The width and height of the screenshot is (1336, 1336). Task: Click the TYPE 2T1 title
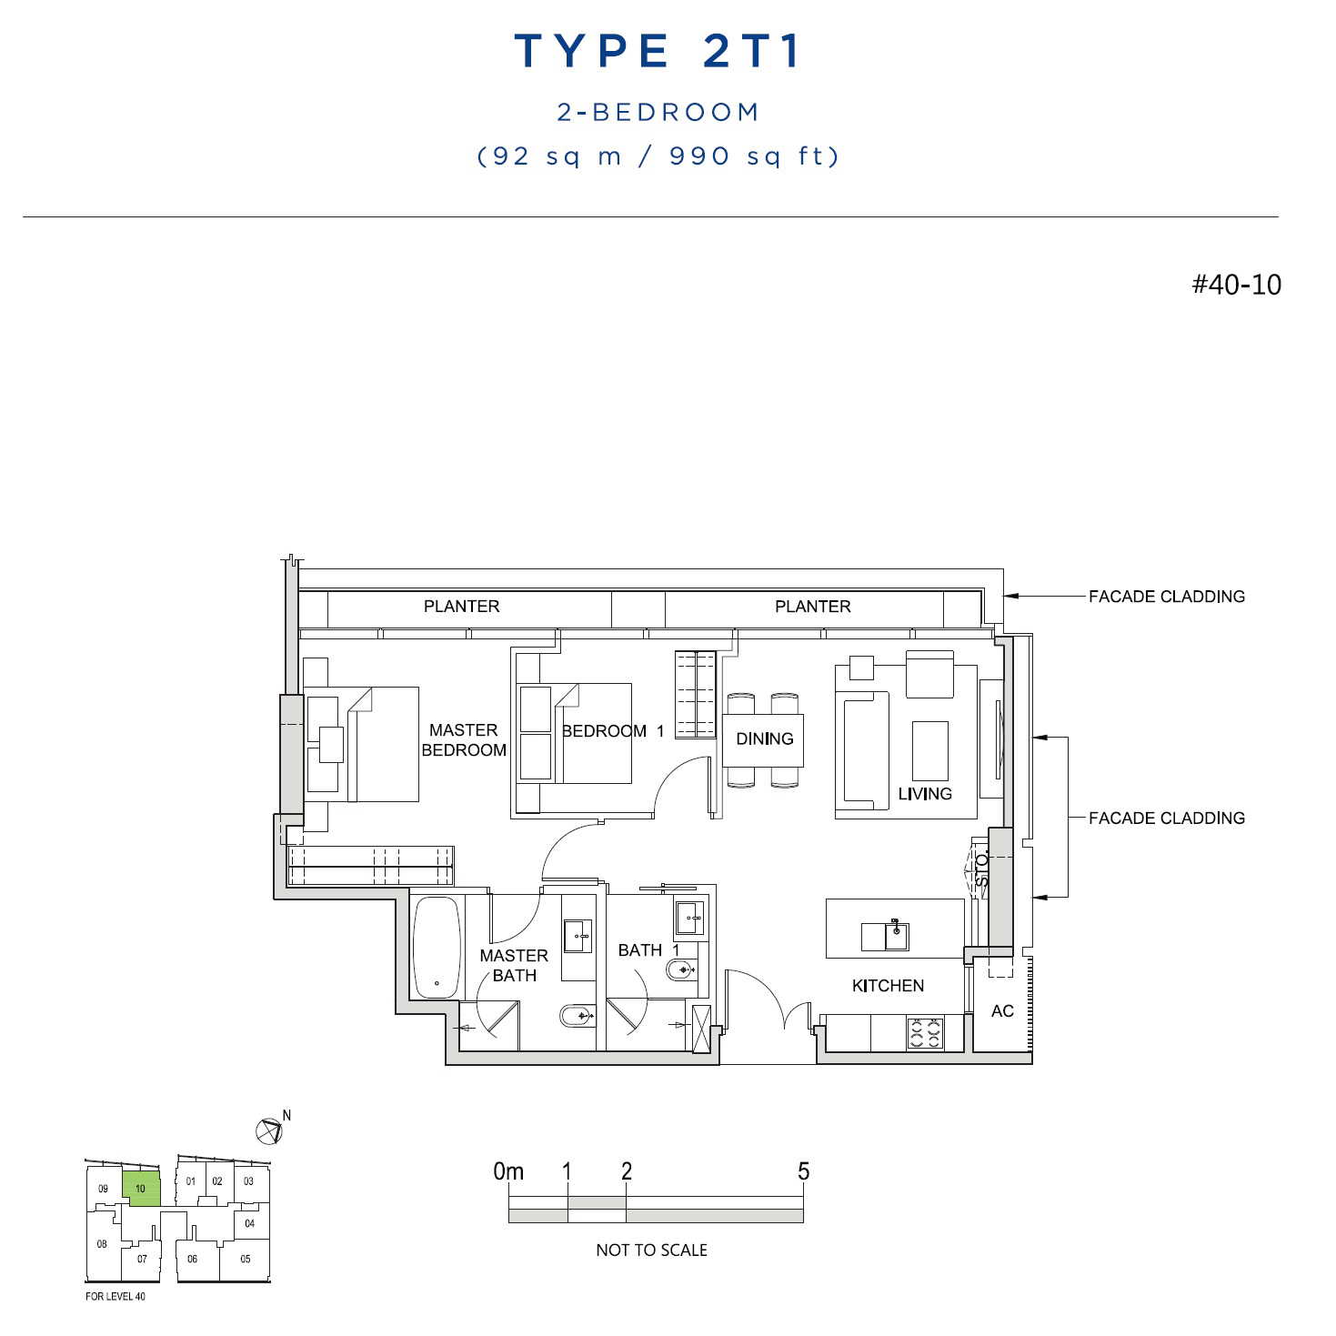pos(657,51)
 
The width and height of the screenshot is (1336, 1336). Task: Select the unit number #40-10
pos(1236,285)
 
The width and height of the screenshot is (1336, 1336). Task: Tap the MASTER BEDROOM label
pos(464,739)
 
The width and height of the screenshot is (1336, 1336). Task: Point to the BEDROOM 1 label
pos(613,730)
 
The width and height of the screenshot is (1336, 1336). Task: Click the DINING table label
pos(764,739)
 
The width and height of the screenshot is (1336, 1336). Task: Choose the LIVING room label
pos(925,794)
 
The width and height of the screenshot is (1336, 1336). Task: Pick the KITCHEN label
pos(888,986)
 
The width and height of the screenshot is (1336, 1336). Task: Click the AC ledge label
pos(1002,1010)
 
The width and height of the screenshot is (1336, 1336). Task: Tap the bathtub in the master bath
pos(437,948)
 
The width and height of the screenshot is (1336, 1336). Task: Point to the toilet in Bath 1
pos(681,969)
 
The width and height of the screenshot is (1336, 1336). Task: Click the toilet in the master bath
pos(577,1017)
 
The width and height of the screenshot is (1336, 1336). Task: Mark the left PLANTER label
pos(461,607)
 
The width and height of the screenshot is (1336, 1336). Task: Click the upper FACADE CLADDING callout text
pos(1167,597)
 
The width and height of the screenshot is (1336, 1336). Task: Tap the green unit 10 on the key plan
pos(142,1189)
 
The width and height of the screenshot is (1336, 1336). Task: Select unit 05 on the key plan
pos(246,1259)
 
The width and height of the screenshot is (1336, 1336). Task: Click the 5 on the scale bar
pos(804,1171)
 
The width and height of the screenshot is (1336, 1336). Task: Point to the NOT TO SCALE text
pos(652,1250)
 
